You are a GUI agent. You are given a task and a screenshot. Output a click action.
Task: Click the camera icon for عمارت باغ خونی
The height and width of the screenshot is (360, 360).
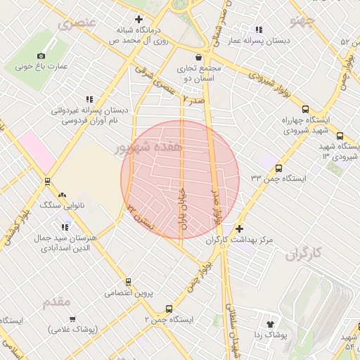pos(41,56)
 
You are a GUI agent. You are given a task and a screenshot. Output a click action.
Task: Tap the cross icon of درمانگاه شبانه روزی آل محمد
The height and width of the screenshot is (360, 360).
pos(139,20)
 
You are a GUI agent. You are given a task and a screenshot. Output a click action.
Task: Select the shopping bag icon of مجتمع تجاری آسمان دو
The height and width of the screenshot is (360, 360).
pos(199,57)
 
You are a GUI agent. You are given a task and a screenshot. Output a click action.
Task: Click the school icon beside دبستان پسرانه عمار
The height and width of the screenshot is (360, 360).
pos(259,30)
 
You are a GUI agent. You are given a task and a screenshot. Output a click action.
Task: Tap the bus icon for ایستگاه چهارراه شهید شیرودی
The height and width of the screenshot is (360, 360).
pos(304,109)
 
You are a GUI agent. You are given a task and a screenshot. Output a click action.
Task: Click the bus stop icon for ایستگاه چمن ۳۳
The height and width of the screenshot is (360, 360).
pos(279,168)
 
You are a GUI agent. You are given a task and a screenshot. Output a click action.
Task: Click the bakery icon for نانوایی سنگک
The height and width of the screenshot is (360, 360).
pos(63,194)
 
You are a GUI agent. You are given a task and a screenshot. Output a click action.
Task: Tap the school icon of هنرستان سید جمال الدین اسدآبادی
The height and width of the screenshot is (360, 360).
pos(65,227)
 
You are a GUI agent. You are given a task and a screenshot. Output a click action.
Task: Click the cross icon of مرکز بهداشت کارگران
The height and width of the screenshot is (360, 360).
pos(240,229)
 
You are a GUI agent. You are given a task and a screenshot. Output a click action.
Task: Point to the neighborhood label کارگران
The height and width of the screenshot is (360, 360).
pos(308,255)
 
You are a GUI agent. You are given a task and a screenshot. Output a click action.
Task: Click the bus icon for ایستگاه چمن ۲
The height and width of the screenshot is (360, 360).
pos(169,309)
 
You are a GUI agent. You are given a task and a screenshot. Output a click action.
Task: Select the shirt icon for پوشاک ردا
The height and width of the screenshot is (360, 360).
pos(269,324)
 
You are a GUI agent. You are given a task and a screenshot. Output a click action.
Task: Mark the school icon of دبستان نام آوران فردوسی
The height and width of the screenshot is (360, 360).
pos(89,100)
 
